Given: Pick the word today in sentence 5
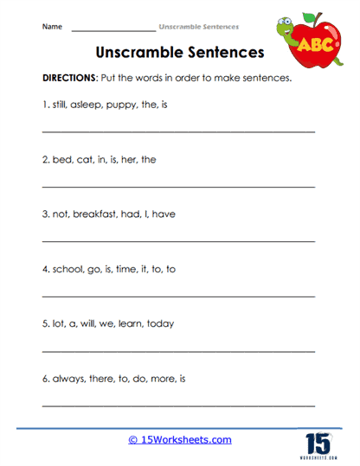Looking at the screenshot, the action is pyautogui.click(x=159, y=324).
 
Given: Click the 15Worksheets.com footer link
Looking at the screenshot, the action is pyautogui.click(x=179, y=440).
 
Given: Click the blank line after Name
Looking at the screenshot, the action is pyautogui.click(x=112, y=30).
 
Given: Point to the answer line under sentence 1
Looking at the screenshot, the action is pyautogui.click(x=178, y=131).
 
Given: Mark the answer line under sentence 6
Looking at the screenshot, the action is pyautogui.click(x=178, y=405).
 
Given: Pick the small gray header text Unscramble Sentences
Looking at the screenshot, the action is pyautogui.click(x=199, y=27).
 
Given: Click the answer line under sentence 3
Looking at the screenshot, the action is pyautogui.click(x=178, y=241).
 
